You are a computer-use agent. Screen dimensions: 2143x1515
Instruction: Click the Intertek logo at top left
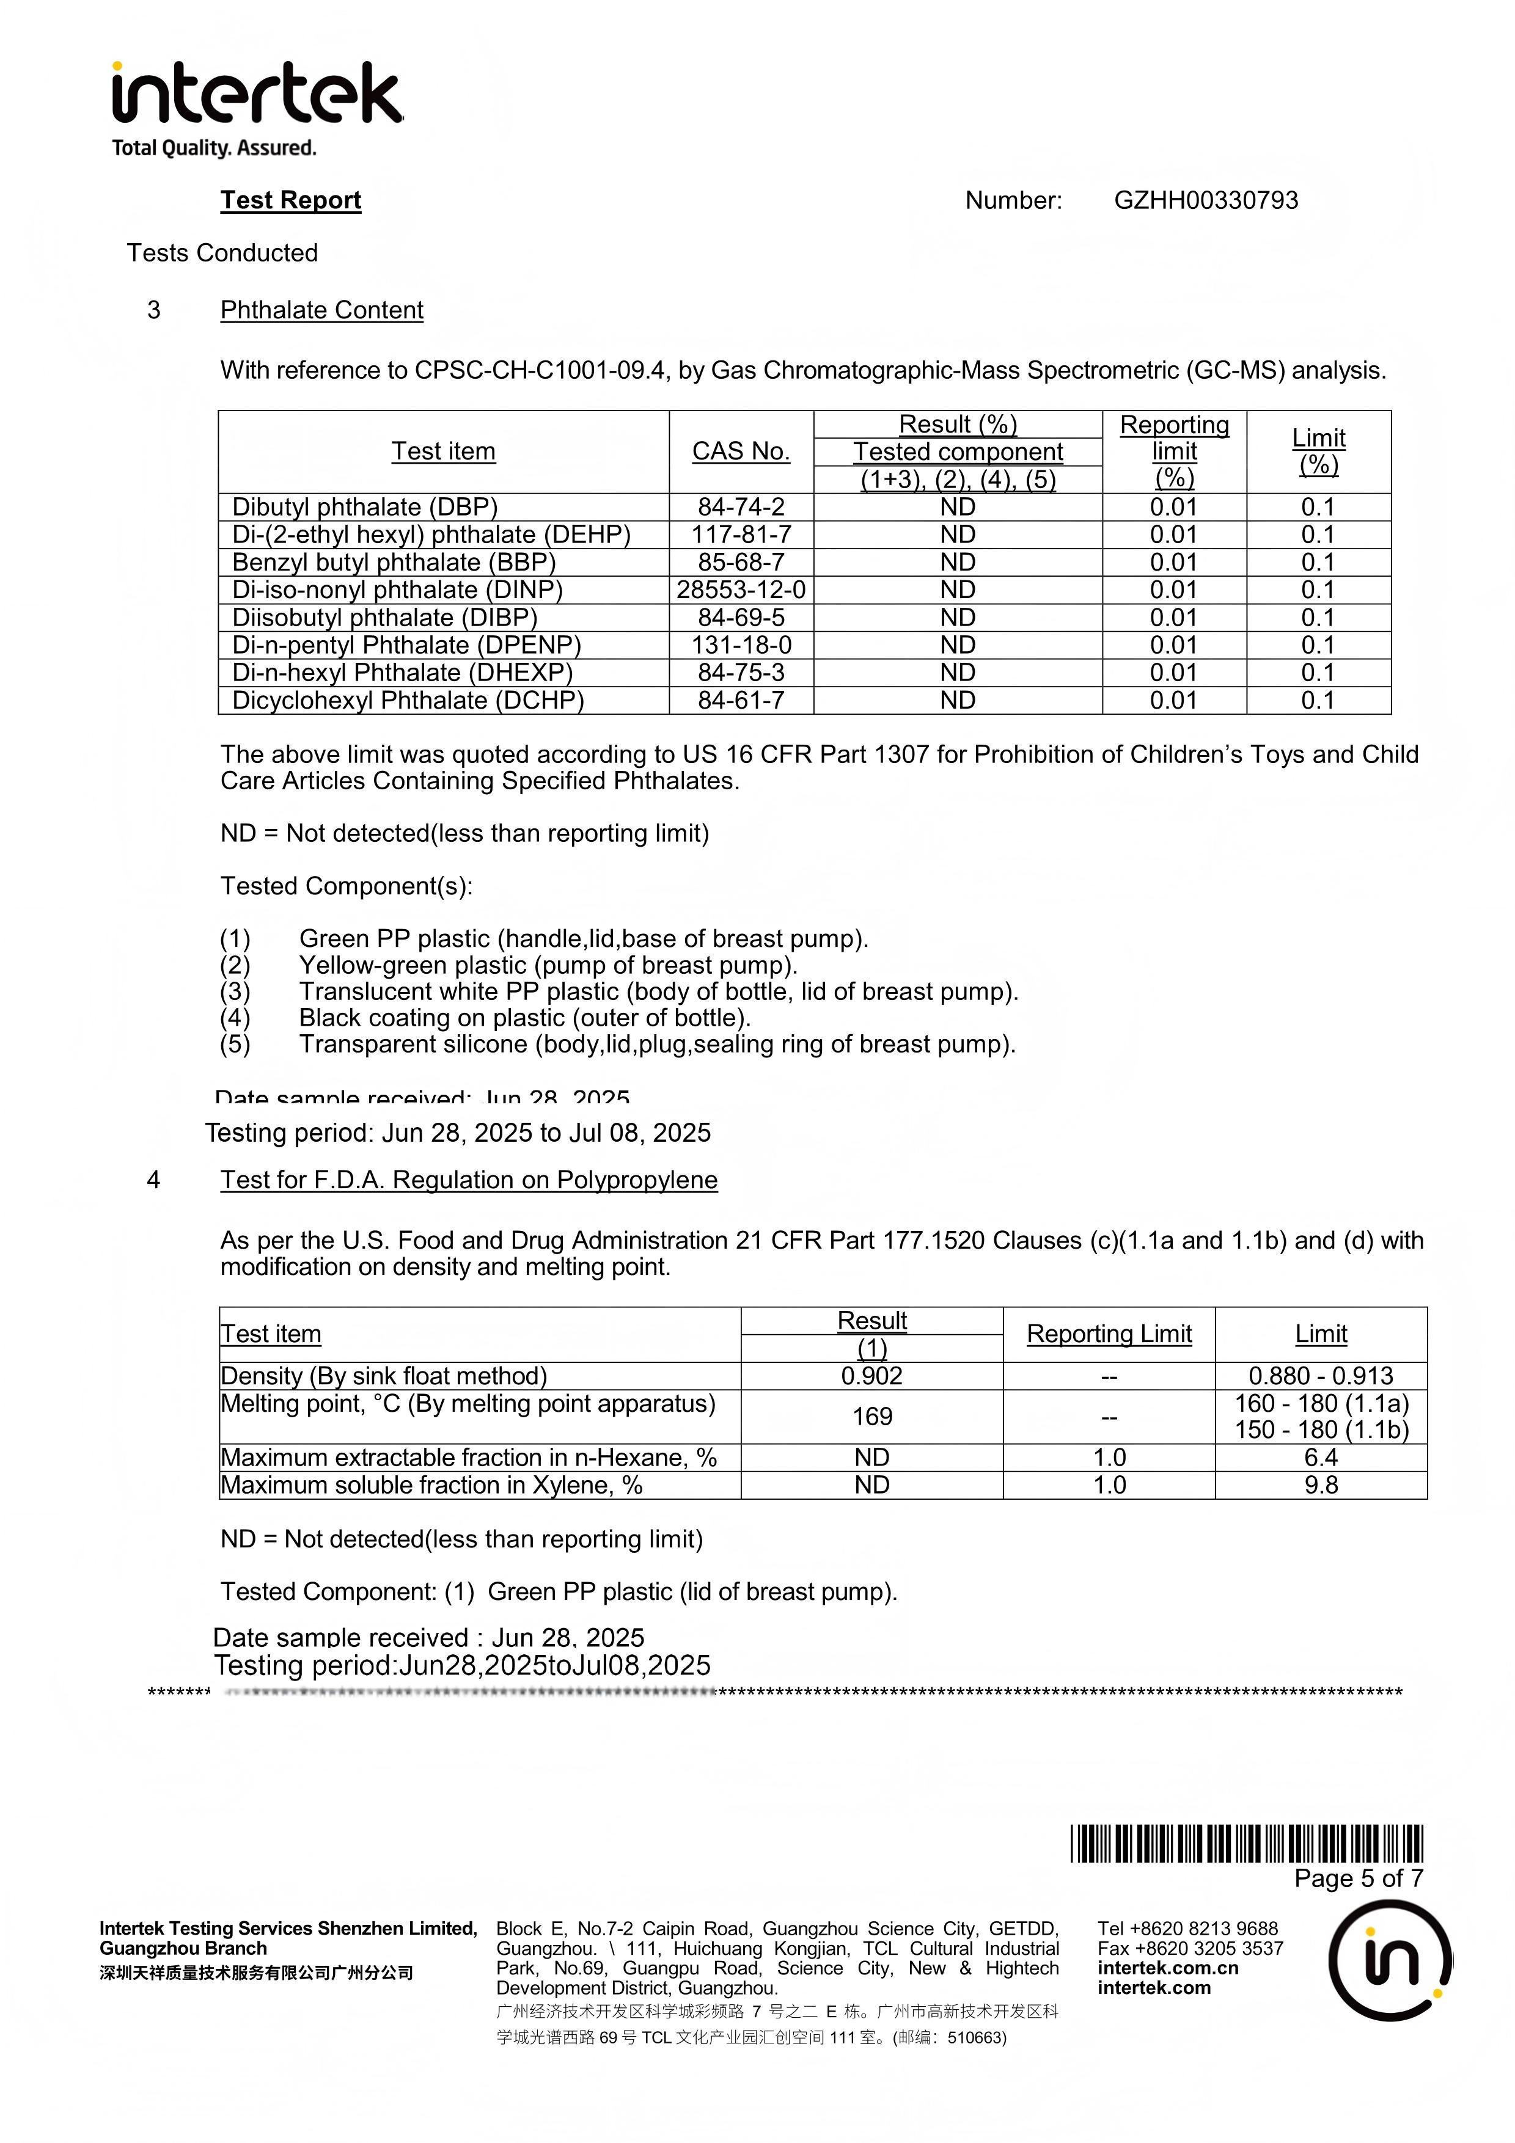[257, 108]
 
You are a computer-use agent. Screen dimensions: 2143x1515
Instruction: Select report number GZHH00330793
[1205, 200]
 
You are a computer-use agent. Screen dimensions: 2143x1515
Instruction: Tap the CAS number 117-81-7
[741, 535]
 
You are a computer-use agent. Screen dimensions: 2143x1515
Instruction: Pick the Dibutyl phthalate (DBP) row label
[365, 507]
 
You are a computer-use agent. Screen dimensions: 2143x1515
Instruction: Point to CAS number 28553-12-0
[741, 590]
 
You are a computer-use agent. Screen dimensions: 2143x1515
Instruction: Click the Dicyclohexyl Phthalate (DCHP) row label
[408, 700]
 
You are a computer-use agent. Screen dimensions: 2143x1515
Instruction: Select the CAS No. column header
[741, 451]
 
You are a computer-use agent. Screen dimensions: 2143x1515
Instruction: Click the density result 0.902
[872, 1376]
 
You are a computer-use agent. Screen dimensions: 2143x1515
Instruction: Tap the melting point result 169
[872, 1417]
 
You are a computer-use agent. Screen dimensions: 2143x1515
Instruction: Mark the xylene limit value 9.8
[1321, 1485]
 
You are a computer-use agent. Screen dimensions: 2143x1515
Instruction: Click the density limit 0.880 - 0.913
[1321, 1376]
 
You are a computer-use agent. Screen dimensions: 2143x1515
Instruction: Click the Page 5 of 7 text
[1358, 1879]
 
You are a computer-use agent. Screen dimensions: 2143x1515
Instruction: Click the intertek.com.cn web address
[1168, 1968]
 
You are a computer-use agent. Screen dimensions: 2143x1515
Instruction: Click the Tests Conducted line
[222, 253]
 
